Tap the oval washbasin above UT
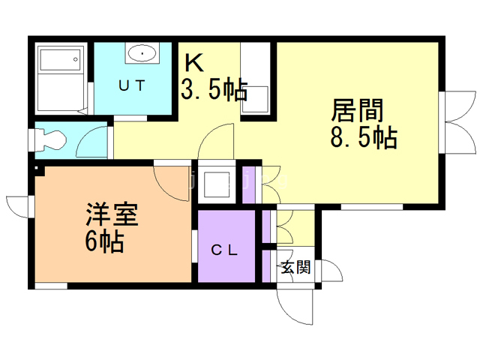142,53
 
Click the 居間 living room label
358,111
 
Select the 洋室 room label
109,216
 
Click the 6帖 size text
104,242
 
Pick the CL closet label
224,251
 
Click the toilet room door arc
97,139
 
